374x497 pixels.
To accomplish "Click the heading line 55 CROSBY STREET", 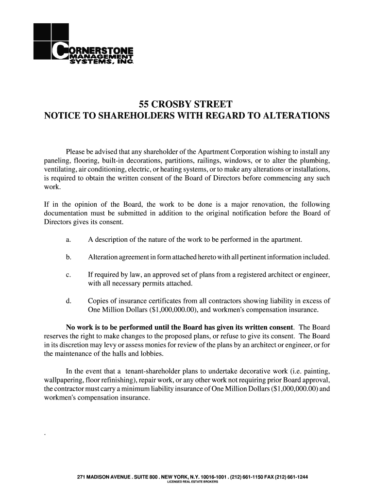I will [x=186, y=104].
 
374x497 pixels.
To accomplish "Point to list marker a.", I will [x=68, y=240].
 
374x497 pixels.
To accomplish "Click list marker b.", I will [x=68, y=257].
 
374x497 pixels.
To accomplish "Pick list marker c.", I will [x=68, y=275].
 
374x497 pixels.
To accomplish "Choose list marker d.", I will [x=68, y=301].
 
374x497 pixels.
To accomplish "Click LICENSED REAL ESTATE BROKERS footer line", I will [x=192, y=482].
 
